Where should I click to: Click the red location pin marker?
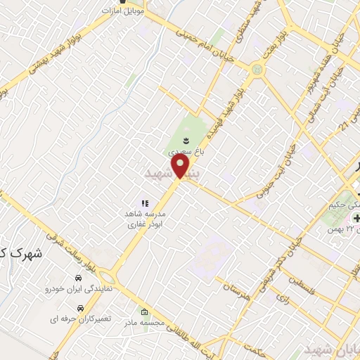[x=181, y=166]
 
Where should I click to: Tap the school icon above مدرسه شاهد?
[x=146, y=203]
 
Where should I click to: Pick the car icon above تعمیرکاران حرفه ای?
[x=83, y=308]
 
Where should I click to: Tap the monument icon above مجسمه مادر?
[x=144, y=312]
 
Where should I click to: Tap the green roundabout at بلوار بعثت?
[x=257, y=70]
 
